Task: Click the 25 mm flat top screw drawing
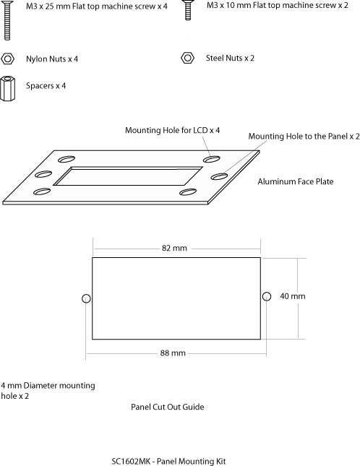7,20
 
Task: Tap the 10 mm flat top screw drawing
187,10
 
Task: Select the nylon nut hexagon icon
7,59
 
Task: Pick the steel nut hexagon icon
187,58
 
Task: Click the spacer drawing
7,89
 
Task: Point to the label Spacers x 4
46,86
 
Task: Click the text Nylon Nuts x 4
52,59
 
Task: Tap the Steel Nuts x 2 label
230,58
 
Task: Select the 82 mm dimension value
174,248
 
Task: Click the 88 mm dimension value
173,353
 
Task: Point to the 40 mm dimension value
293,296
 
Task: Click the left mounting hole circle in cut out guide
86,298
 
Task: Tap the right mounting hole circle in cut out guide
267,296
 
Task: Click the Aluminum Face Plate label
296,181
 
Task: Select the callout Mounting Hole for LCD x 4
173,130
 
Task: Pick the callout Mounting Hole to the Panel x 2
304,136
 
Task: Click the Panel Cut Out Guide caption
168,407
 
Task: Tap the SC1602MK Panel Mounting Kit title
168,461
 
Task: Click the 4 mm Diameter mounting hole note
48,391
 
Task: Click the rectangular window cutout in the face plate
128,176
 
